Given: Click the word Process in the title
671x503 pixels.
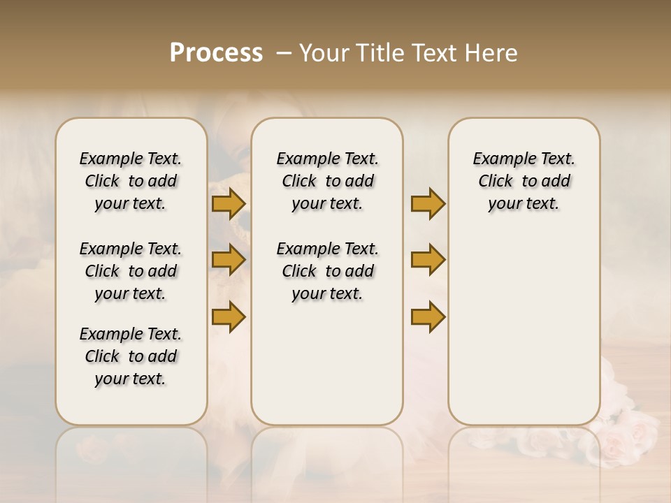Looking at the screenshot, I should coord(216,53).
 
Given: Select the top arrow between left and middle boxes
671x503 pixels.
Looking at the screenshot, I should coord(228,204).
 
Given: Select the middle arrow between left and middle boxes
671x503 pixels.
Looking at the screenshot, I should coord(228,260).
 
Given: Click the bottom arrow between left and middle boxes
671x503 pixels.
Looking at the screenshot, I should coord(228,316).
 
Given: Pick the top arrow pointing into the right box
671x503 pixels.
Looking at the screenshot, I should coord(428,204).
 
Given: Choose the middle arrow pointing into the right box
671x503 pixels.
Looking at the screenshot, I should coord(428,260).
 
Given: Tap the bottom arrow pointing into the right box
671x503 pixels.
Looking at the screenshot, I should coord(428,316).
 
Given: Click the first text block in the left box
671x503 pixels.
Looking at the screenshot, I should coord(131,181).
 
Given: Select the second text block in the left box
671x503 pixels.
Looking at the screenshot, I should coord(131,271).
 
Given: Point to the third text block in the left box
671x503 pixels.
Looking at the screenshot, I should coord(131,356).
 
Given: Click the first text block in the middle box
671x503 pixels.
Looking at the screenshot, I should coord(327,181).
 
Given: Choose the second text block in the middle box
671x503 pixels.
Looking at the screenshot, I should coord(327,271).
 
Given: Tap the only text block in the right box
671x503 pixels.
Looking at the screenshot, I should coord(524,181).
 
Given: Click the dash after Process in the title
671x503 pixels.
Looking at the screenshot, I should coord(283,53).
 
